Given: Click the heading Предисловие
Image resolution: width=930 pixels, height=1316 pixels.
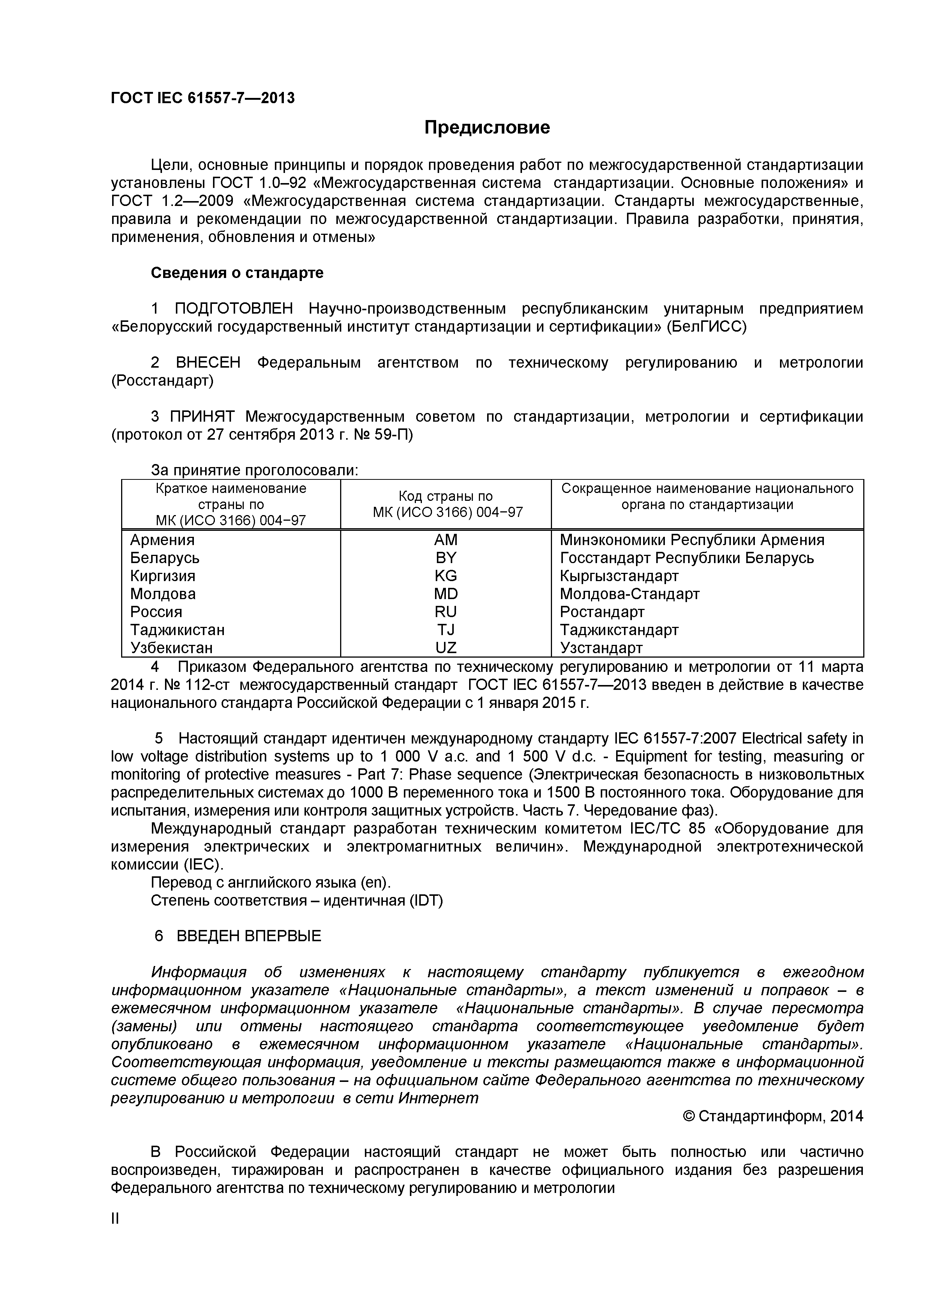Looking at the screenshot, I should click(487, 127).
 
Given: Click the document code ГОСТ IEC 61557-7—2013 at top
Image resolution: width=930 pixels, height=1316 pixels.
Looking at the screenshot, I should click(203, 98).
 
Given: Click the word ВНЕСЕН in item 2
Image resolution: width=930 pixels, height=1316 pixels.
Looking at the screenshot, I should click(208, 363).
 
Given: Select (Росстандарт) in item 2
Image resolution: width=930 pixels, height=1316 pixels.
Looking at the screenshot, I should click(162, 381).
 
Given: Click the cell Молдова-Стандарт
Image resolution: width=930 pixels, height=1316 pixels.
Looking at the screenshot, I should click(629, 594).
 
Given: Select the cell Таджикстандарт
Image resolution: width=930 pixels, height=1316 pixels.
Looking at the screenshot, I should click(619, 630).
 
